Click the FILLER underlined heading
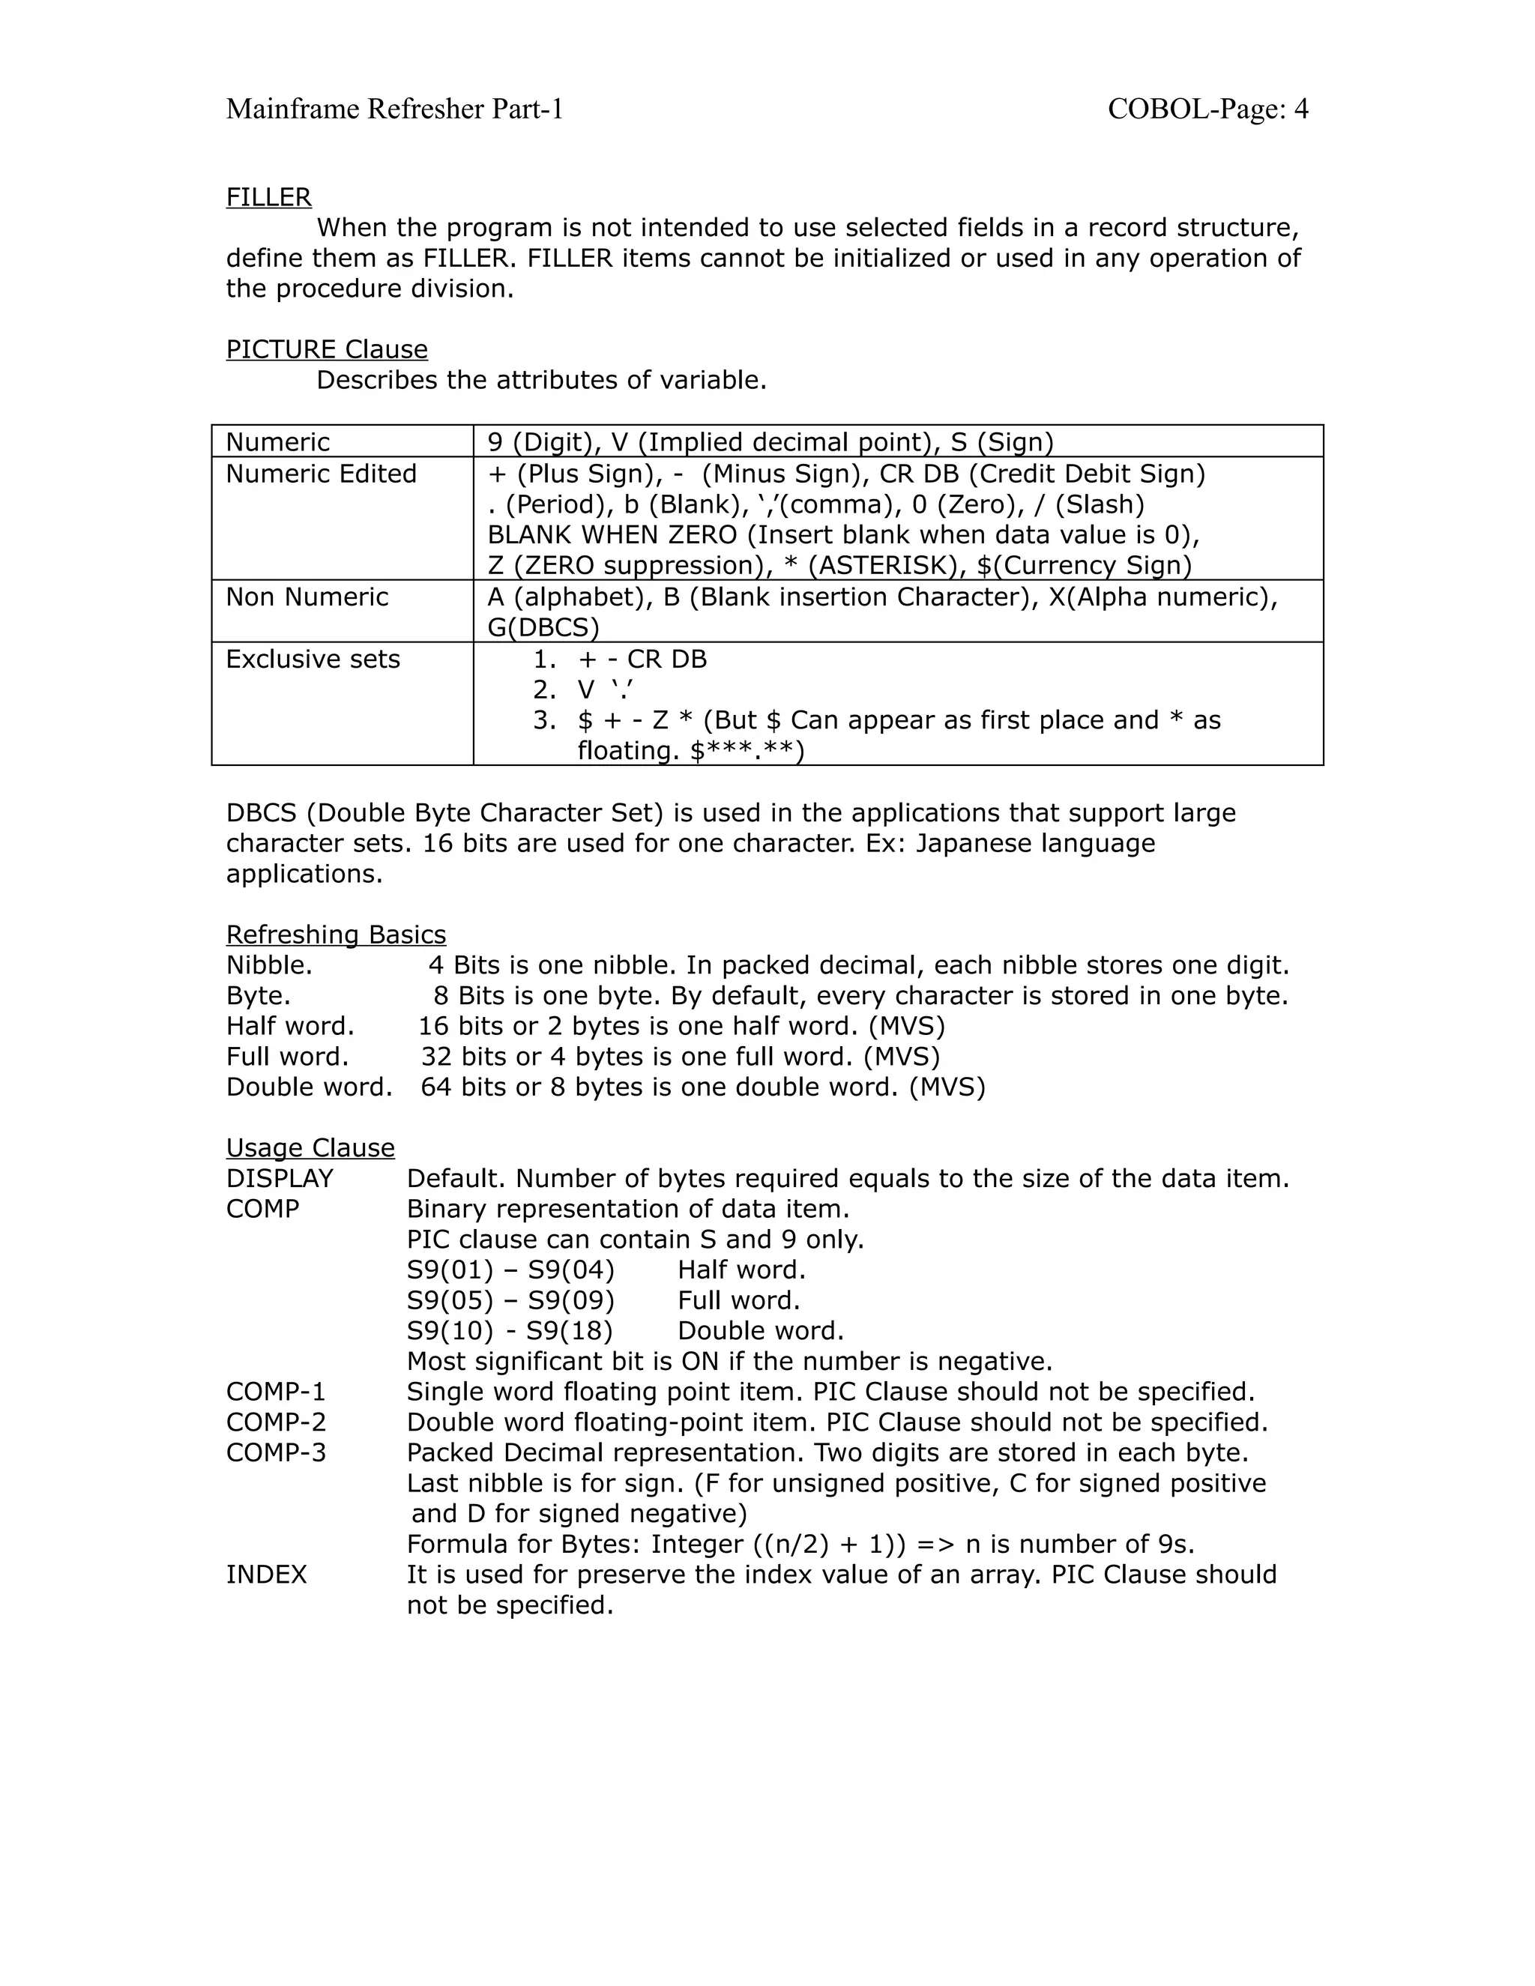click(268, 197)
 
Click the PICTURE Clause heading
click(327, 349)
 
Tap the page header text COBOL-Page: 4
click(1207, 109)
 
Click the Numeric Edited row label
click(321, 474)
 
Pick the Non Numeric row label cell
click(307, 597)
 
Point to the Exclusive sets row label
click(313, 660)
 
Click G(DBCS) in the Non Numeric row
click(543, 627)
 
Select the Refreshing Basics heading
click(336, 935)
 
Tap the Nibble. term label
click(269, 966)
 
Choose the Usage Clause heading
click(310, 1148)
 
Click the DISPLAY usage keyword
click(279, 1180)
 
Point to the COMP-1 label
click(276, 1392)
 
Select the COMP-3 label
click(276, 1453)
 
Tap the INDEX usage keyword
click(266, 1575)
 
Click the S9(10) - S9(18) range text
click(509, 1331)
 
